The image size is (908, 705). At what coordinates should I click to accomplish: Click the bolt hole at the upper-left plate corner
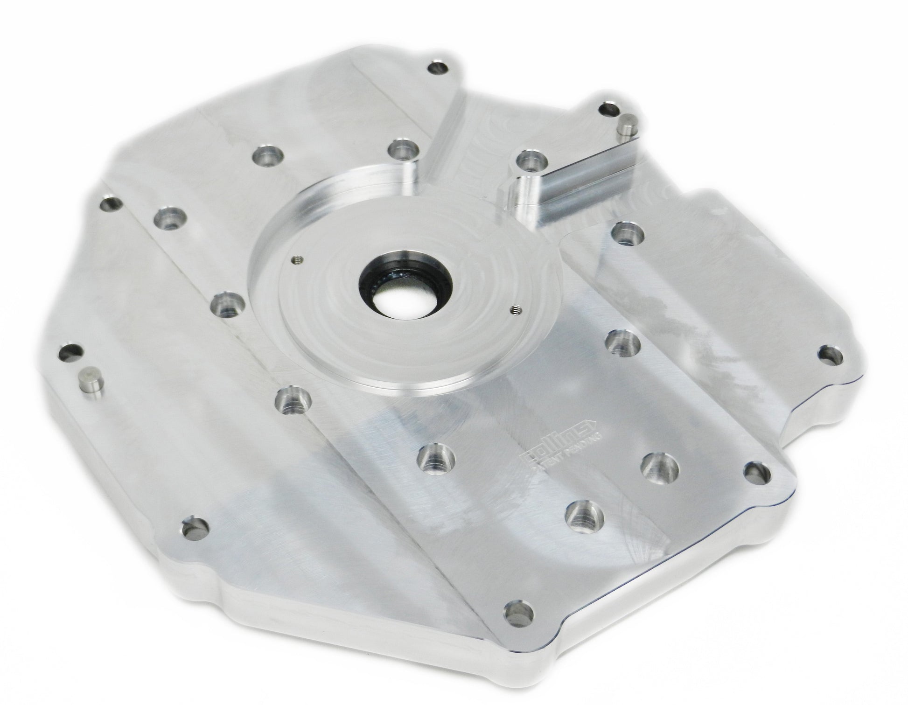(x=112, y=204)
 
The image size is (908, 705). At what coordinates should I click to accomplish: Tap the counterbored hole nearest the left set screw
(x=227, y=304)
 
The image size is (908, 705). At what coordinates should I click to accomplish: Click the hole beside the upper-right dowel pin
(x=608, y=110)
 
